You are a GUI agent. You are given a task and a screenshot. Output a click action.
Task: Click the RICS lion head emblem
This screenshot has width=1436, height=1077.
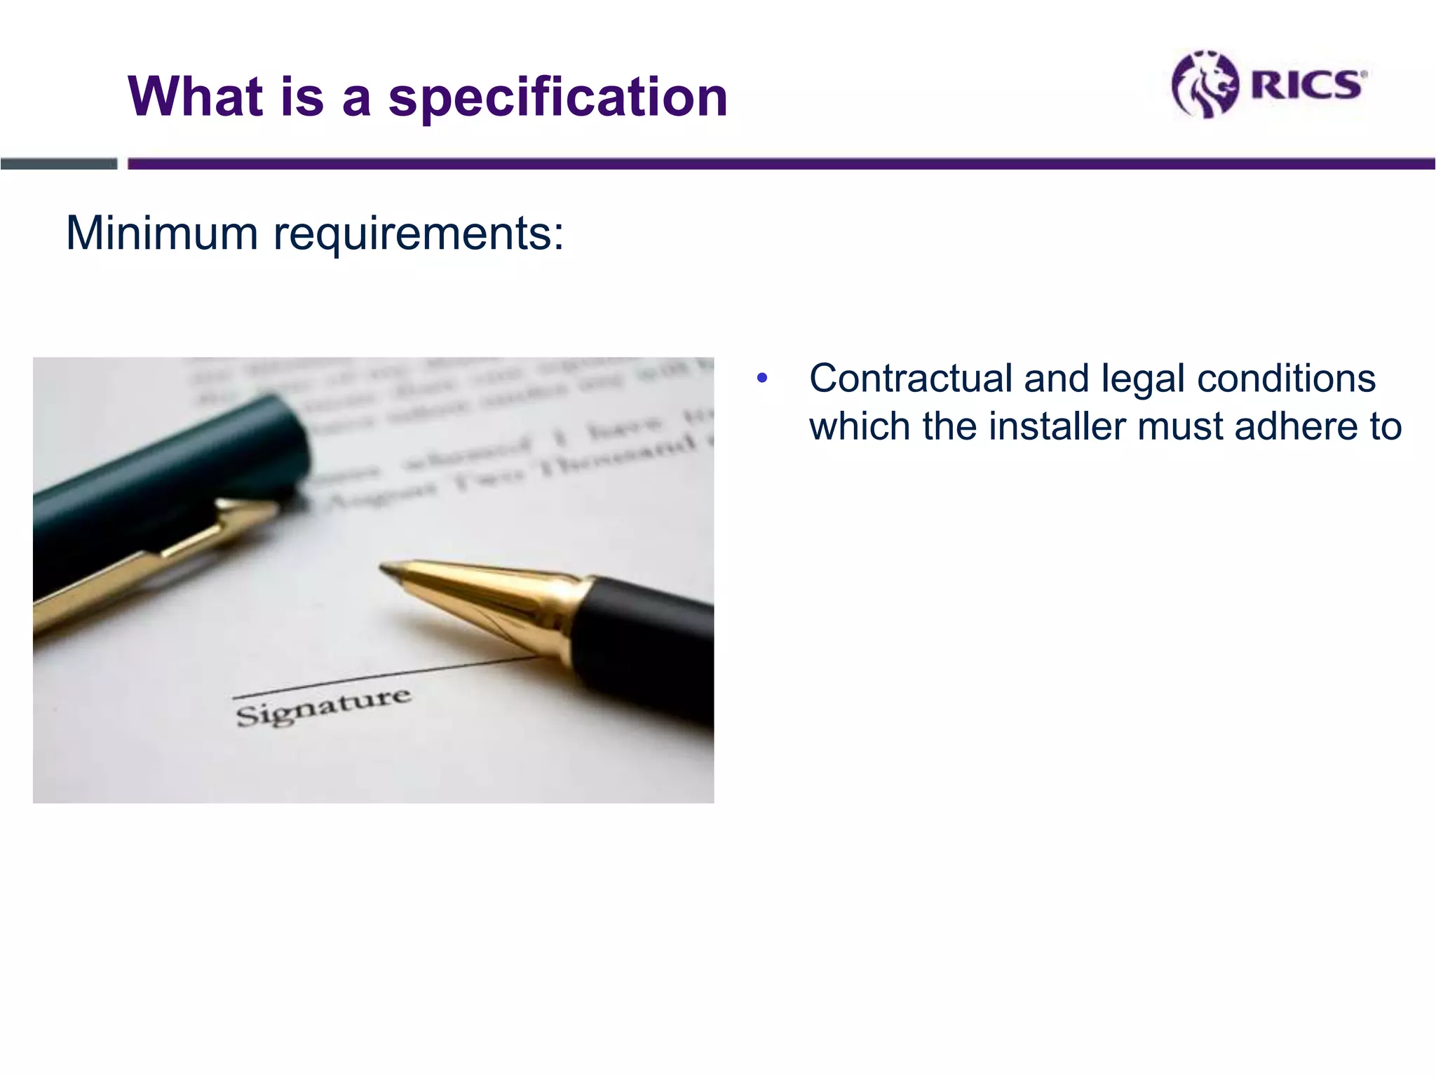[1204, 84]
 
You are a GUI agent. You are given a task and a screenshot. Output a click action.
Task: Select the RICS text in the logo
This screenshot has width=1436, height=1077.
[1306, 85]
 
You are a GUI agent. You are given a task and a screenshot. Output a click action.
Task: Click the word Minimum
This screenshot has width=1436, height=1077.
[162, 233]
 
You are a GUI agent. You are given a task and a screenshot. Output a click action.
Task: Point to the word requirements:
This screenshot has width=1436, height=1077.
[418, 234]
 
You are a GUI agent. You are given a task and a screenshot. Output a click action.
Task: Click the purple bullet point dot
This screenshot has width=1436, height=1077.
[762, 379]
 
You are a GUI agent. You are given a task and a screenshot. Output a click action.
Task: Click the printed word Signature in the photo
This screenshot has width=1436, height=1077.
[323, 707]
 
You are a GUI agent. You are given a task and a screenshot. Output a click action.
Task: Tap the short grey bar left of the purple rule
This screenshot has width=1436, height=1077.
[59, 164]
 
